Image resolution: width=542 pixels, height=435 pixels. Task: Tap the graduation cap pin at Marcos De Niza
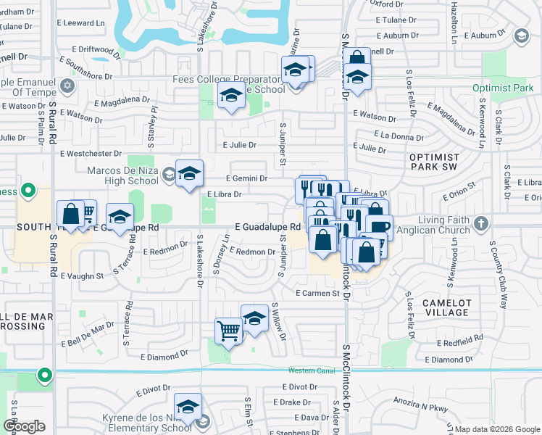(189, 173)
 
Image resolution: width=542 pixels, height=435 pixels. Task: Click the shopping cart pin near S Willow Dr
(229, 331)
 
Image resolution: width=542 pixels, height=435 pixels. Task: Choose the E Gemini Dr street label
(247, 178)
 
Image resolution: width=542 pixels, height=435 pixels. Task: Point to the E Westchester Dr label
(91, 154)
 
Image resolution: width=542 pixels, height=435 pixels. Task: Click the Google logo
(25, 426)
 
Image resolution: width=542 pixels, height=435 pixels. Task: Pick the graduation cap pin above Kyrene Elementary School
(188, 407)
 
